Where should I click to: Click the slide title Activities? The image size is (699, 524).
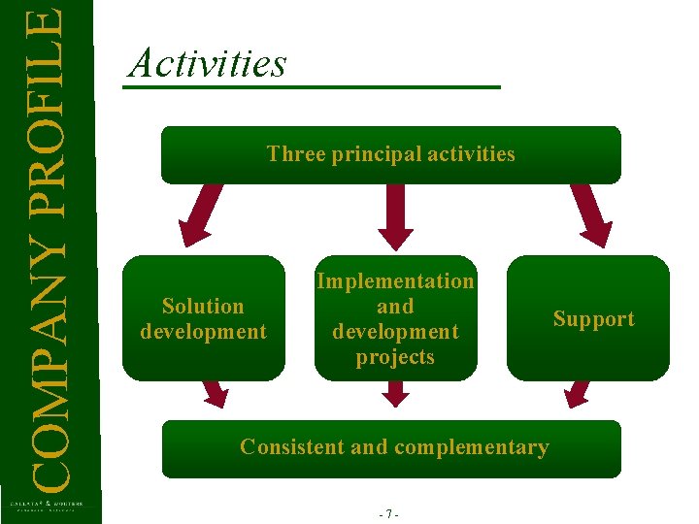(x=208, y=64)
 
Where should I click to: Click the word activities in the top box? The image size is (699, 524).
(x=471, y=153)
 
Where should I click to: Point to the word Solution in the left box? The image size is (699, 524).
(x=203, y=307)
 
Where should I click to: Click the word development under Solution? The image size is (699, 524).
(x=203, y=332)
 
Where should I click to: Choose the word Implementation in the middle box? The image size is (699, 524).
(x=395, y=281)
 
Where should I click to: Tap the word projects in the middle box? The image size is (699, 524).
(x=395, y=357)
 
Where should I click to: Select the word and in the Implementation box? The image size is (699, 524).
(x=395, y=307)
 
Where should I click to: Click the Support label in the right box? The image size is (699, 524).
(x=593, y=319)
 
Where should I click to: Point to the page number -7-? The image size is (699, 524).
(x=392, y=514)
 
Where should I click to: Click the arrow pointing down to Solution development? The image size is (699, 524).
(x=199, y=215)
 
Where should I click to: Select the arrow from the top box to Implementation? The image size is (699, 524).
(x=395, y=215)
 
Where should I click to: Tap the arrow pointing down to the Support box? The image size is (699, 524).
(x=590, y=215)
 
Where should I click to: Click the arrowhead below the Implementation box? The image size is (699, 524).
(x=395, y=394)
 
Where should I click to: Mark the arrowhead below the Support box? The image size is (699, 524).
(x=577, y=393)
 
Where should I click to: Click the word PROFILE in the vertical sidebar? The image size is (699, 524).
(x=48, y=97)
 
